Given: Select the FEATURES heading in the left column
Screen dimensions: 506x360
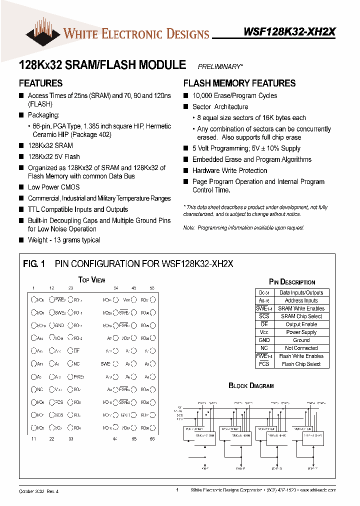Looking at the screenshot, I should pos(40,83).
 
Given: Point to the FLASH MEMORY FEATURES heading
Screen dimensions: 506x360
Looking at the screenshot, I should pos(239,83).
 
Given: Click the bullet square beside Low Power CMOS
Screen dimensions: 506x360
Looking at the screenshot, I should pos(21,187).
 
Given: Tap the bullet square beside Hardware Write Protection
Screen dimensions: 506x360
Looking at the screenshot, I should pos(186,170).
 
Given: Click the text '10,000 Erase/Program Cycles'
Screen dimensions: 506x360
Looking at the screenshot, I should pos(234,95).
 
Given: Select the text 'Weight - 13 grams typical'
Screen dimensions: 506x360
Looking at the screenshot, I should pos(63,240).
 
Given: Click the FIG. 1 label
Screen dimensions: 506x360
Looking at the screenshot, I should pos(34,264).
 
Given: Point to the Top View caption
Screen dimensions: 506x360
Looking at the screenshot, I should pos(91,280).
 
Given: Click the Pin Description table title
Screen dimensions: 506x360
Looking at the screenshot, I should pos(292,282).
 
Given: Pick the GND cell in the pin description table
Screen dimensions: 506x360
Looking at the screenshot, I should pos(264,340).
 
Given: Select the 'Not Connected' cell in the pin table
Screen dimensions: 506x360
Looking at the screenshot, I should pos(301,348).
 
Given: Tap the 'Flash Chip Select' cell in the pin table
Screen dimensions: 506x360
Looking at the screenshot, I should pos(301,364).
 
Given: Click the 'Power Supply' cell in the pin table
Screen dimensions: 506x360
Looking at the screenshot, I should pos(301,332).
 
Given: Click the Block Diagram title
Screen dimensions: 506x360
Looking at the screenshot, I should pos(251,385).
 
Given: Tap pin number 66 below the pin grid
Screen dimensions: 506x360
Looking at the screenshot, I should pos(152,438).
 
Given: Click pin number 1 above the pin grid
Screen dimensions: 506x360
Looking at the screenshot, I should pos(33,288).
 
